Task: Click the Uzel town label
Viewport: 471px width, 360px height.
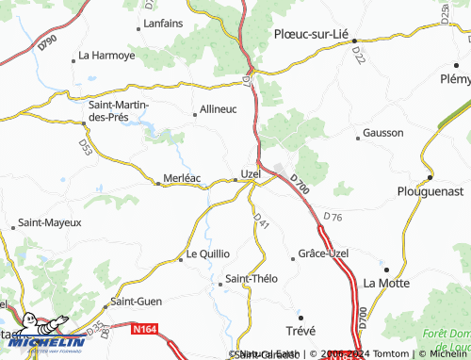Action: [251, 173]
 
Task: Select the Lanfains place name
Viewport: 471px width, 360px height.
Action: [162, 24]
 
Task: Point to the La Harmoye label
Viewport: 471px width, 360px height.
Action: [106, 56]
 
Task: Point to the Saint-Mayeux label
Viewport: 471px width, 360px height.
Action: [50, 222]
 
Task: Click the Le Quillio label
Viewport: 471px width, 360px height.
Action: [208, 254]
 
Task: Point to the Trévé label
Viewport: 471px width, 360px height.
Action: [301, 330]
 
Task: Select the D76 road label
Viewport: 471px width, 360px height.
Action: [333, 218]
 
